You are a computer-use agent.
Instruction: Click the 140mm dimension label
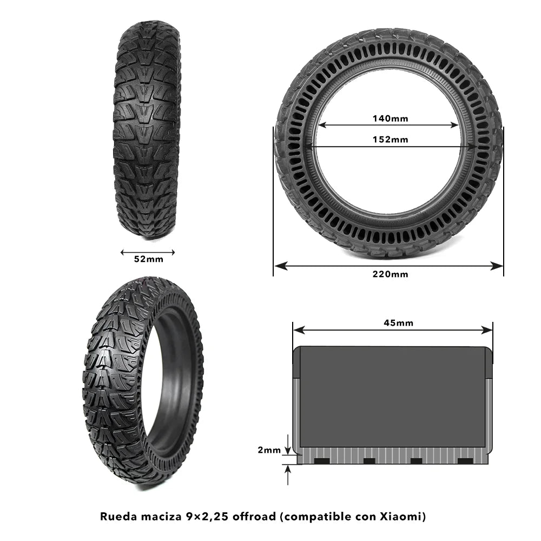390,118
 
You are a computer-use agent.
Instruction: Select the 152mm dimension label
390,140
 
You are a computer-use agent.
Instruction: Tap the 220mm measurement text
390,274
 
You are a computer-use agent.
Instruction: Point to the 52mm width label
148,259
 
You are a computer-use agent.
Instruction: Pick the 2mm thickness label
268,450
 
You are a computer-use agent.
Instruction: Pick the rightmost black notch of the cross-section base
465,461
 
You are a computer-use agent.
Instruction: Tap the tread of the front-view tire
147,130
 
